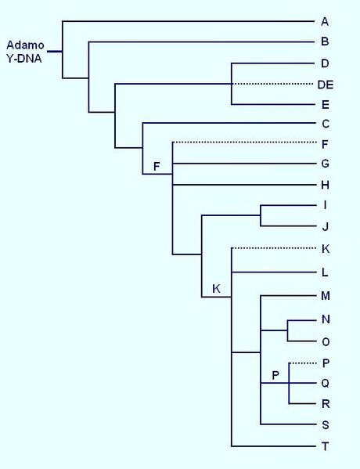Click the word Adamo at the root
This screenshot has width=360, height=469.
pyautogui.click(x=25, y=45)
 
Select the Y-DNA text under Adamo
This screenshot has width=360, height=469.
pyautogui.click(x=24, y=59)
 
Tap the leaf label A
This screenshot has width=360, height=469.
pyautogui.click(x=325, y=22)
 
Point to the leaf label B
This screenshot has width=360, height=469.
pyautogui.click(x=325, y=41)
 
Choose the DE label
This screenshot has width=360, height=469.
pyautogui.click(x=326, y=85)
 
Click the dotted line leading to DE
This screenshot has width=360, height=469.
pyautogui.click(x=272, y=84)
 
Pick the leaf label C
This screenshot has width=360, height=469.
pyautogui.click(x=326, y=124)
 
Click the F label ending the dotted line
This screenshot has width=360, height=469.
pyautogui.click(x=325, y=145)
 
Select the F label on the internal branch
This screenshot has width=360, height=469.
pyautogui.click(x=157, y=166)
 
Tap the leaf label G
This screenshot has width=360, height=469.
pyautogui.click(x=326, y=164)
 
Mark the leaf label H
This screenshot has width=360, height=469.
pyautogui.click(x=326, y=186)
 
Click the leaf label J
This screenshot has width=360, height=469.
pyautogui.click(x=325, y=227)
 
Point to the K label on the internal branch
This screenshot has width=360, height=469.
pyautogui.click(x=216, y=289)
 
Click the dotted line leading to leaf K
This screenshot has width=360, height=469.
pyautogui.click(x=274, y=248)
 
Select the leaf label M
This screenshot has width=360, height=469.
pyautogui.click(x=326, y=296)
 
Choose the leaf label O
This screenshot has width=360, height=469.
pyautogui.click(x=326, y=342)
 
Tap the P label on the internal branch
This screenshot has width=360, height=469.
pyautogui.click(x=275, y=375)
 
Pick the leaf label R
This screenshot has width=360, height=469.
pyautogui.click(x=326, y=404)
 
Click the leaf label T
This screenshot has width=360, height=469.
pyautogui.click(x=326, y=446)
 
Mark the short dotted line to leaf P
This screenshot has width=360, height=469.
pyautogui.click(x=303, y=363)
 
